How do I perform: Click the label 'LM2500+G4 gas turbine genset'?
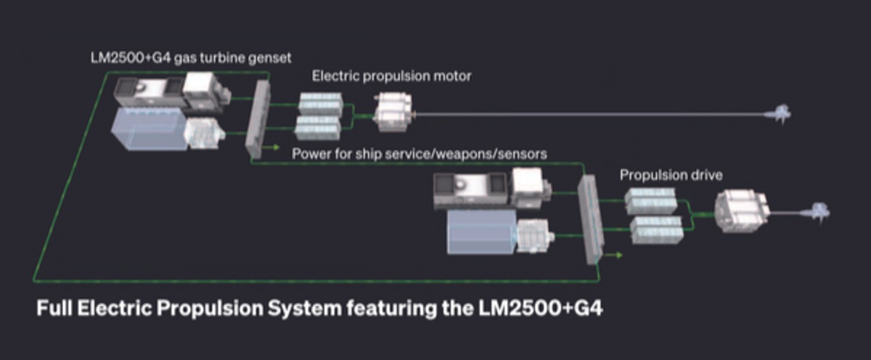(x=191, y=58)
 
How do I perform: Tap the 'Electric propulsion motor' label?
(x=391, y=76)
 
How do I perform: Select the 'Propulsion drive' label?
(x=671, y=176)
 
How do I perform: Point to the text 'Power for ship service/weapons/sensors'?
(x=420, y=154)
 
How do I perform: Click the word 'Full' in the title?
(x=54, y=308)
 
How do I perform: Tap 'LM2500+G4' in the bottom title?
(x=541, y=308)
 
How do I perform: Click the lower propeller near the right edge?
(x=819, y=212)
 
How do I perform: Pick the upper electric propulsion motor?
(x=393, y=112)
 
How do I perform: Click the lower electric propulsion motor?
(x=742, y=210)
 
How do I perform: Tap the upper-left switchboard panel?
(x=258, y=119)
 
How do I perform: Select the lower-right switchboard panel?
(x=590, y=220)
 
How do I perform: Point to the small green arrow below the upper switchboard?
(x=271, y=147)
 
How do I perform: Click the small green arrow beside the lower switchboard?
(x=613, y=255)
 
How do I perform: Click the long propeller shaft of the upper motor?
(x=590, y=114)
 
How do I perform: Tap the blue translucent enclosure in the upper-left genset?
(x=148, y=128)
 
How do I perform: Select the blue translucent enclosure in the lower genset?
(x=482, y=232)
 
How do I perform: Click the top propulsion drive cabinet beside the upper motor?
(x=321, y=103)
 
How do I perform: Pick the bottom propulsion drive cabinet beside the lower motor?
(x=656, y=230)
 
